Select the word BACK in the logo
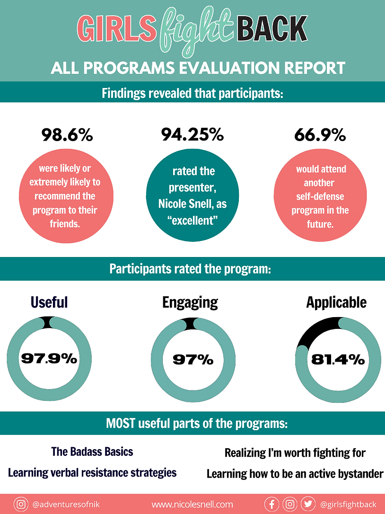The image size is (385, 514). click(x=271, y=28)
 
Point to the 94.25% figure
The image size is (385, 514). click(x=192, y=135)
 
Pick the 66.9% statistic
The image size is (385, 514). click(x=320, y=135)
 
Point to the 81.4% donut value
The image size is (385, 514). click(x=338, y=359)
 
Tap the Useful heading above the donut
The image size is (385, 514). click(x=49, y=302)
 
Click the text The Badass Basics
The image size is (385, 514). click(x=92, y=452)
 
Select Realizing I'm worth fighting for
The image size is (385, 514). click(x=295, y=453)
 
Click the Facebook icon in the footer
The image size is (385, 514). click(x=271, y=504)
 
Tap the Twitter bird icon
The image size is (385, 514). click(x=307, y=504)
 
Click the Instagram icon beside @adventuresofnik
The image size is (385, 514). click(x=21, y=504)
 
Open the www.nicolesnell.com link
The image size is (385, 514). click(x=192, y=505)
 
